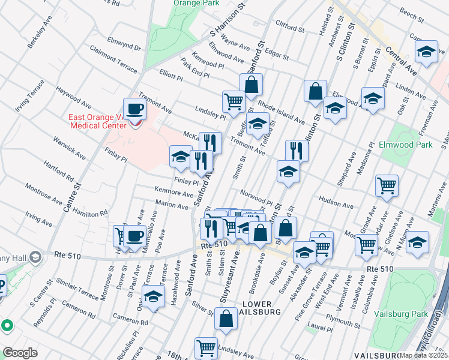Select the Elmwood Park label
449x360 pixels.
405,145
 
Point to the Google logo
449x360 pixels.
20,353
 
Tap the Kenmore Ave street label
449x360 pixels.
174,193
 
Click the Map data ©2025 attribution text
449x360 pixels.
423,355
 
